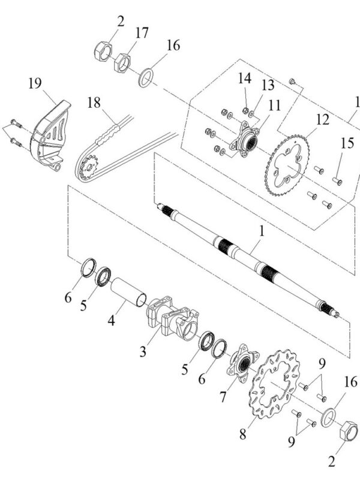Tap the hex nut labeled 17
point(123,61)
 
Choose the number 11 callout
point(274,106)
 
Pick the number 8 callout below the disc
point(242,433)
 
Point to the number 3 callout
point(143,351)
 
